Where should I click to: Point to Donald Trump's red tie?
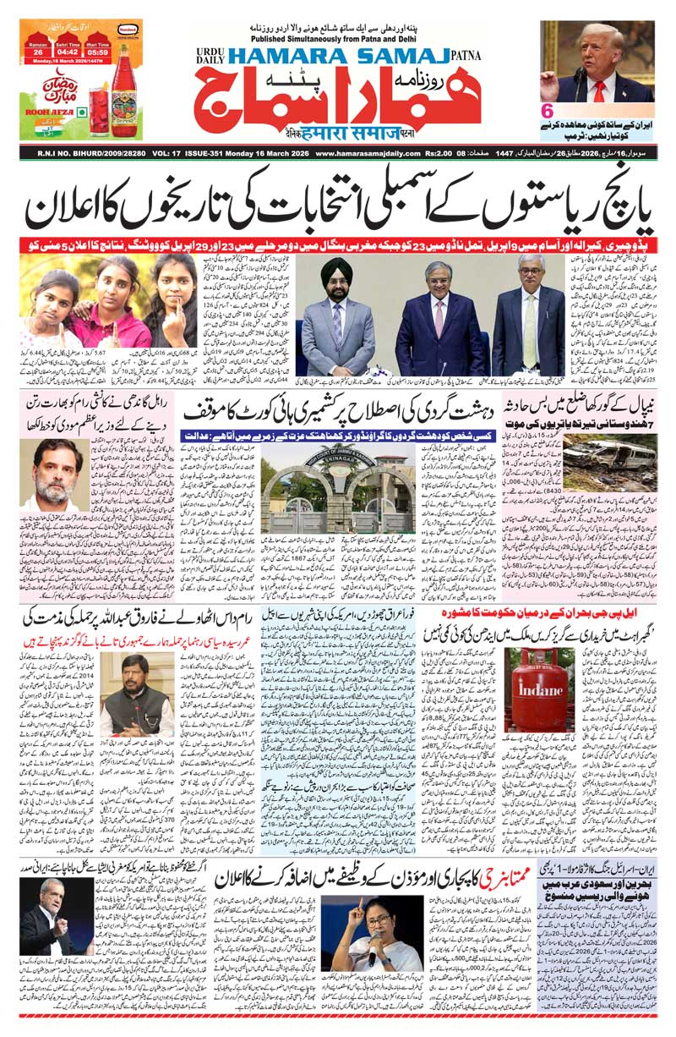(x=599, y=90)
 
